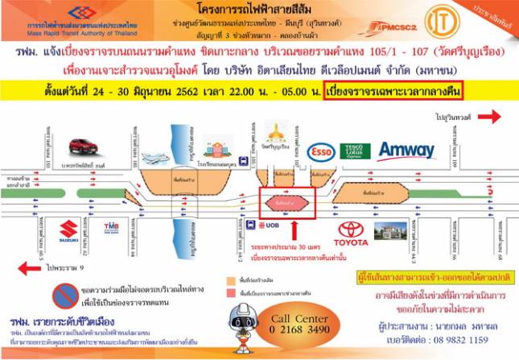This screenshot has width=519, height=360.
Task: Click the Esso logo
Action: pyautogui.click(x=322, y=151)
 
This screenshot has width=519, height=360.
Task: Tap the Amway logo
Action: pyautogui.click(x=406, y=151)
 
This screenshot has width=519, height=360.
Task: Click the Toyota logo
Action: pyautogui.click(x=352, y=234)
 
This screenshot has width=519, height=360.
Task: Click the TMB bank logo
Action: pyautogui.click(x=111, y=230)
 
